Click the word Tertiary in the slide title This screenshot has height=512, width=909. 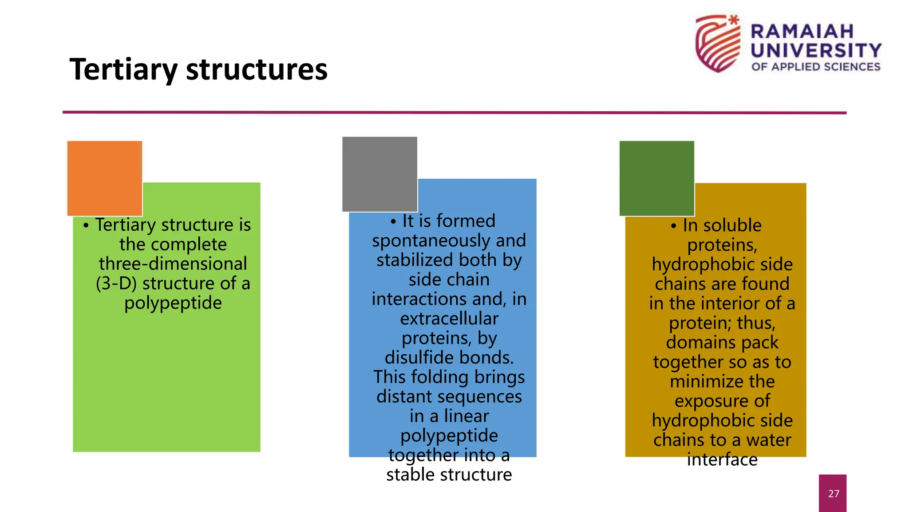(x=123, y=70)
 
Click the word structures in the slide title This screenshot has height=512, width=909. (x=257, y=70)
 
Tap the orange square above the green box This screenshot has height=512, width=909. (x=105, y=178)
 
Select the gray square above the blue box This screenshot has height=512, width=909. (x=379, y=174)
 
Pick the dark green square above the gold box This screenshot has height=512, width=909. (x=656, y=178)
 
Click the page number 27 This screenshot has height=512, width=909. (x=834, y=493)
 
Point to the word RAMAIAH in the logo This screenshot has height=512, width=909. (x=802, y=32)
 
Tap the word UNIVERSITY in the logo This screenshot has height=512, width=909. (x=816, y=50)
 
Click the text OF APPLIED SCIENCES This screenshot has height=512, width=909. (x=816, y=67)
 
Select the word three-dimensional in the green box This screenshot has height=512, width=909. (x=173, y=264)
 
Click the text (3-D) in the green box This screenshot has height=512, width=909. (x=116, y=283)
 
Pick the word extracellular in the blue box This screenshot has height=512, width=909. (x=449, y=319)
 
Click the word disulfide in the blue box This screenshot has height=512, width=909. (x=415, y=357)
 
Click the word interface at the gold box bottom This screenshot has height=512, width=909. (x=722, y=460)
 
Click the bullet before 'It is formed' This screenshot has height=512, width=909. (x=393, y=221)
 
